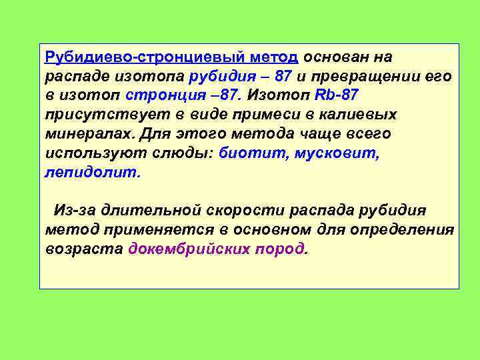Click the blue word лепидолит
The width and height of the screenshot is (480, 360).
point(92,172)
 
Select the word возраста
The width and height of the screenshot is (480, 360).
point(84,249)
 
